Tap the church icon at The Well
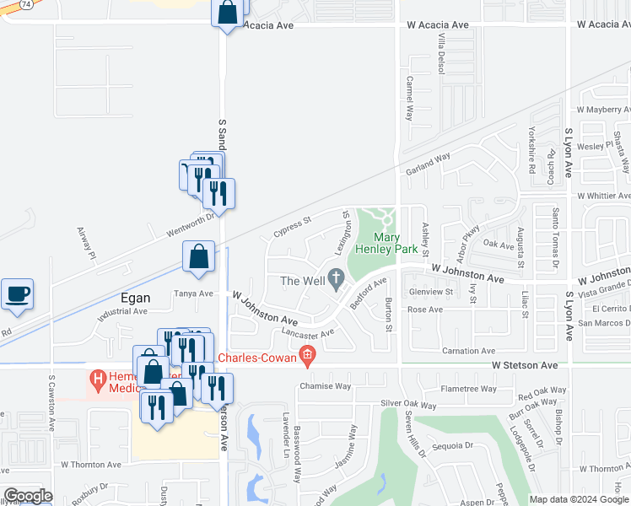click(x=337, y=278)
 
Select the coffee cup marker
click(x=17, y=294)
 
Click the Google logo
click(x=27, y=496)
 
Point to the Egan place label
click(x=130, y=298)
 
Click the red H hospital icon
click(x=98, y=381)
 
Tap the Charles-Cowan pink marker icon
click(x=308, y=357)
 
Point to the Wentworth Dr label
click(x=179, y=222)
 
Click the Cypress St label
click(x=292, y=226)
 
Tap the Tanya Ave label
click(x=193, y=293)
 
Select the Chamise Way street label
click(x=325, y=386)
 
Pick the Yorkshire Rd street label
click(x=532, y=150)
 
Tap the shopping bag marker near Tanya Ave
click(x=198, y=256)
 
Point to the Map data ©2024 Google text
click(x=579, y=499)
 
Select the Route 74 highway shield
click(x=26, y=3)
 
